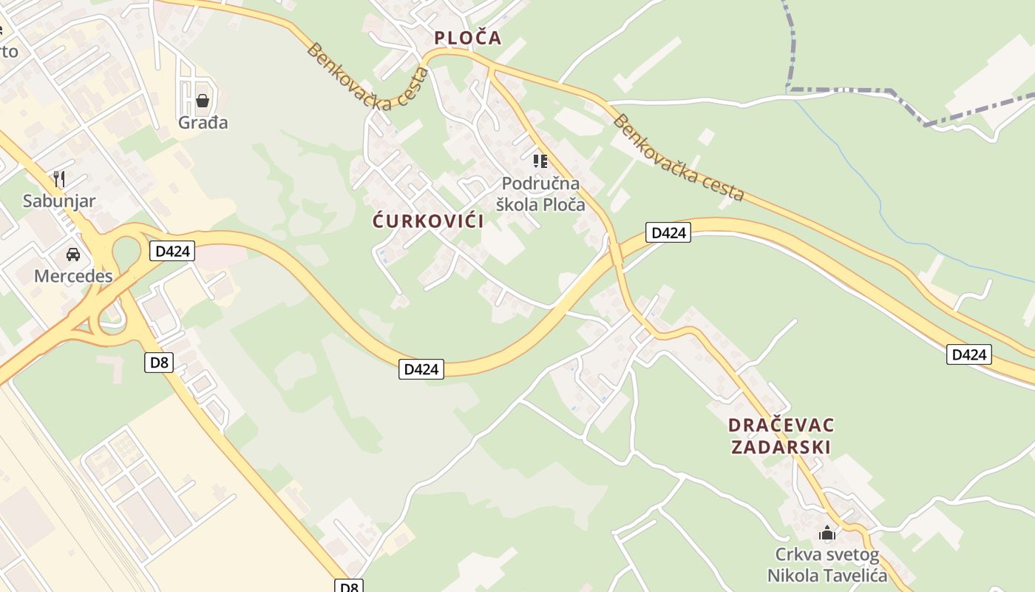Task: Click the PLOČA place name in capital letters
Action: click(x=467, y=38)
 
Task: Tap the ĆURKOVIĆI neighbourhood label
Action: click(x=428, y=221)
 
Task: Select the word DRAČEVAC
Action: click(x=781, y=425)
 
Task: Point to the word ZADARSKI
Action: click(x=781, y=447)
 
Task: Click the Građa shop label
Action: click(x=203, y=122)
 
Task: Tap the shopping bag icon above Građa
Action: click(x=203, y=100)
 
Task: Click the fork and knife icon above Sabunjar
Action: click(x=59, y=178)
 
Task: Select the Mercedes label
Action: click(x=73, y=276)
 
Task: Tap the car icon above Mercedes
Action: click(x=73, y=255)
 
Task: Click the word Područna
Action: click(x=540, y=183)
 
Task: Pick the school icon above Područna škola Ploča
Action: click(x=540, y=161)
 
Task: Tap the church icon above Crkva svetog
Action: click(x=827, y=533)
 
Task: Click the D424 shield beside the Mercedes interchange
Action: click(x=172, y=251)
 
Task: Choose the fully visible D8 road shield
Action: click(x=160, y=362)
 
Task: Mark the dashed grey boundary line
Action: click(x=850, y=90)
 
